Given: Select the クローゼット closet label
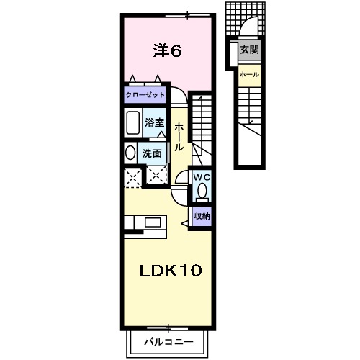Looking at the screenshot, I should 145,95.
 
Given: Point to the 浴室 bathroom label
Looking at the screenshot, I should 155,122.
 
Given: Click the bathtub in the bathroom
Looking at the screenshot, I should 132,122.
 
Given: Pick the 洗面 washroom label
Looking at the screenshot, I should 151,153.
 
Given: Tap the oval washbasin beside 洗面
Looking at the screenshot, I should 130,153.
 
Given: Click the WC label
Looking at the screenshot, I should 201,176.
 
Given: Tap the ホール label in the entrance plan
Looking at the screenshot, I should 248,75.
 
